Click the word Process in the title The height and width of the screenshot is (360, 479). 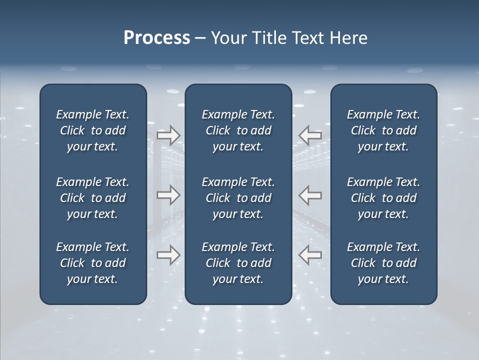pyautogui.click(x=157, y=38)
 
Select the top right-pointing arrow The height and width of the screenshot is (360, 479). pyautogui.click(x=169, y=135)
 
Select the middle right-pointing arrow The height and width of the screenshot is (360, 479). pyautogui.click(x=169, y=195)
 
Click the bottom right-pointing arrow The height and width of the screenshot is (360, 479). pyautogui.click(x=169, y=254)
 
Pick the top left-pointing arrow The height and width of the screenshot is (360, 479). pyautogui.click(x=310, y=135)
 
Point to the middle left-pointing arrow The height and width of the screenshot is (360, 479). pyautogui.click(x=310, y=195)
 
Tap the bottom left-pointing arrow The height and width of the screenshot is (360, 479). pyautogui.click(x=310, y=254)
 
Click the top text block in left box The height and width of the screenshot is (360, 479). pyautogui.click(x=93, y=130)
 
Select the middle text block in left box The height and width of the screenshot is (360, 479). pyautogui.click(x=93, y=198)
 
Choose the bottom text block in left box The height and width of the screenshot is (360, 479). pyautogui.click(x=93, y=263)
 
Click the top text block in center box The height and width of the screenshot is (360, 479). pyautogui.click(x=239, y=130)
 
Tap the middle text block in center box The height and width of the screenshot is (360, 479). pyautogui.click(x=239, y=198)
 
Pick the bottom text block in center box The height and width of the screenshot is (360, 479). pyautogui.click(x=239, y=263)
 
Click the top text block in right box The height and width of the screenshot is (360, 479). pyautogui.click(x=384, y=130)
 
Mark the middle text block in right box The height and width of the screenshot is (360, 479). pyautogui.click(x=384, y=198)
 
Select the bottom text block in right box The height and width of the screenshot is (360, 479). pyautogui.click(x=384, y=263)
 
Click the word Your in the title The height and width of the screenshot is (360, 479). pyautogui.click(x=229, y=38)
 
